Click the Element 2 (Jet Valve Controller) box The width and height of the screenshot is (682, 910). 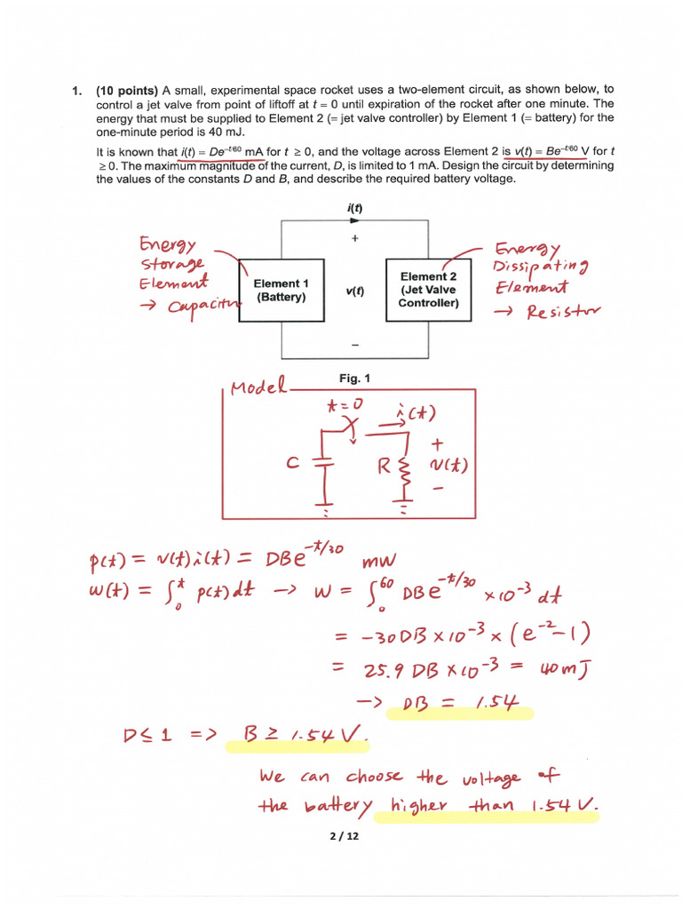tap(428, 290)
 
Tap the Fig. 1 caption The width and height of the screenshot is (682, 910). tap(354, 378)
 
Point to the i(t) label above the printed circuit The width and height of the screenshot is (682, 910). tap(353, 208)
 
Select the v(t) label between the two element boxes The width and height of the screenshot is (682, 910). tap(354, 291)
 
